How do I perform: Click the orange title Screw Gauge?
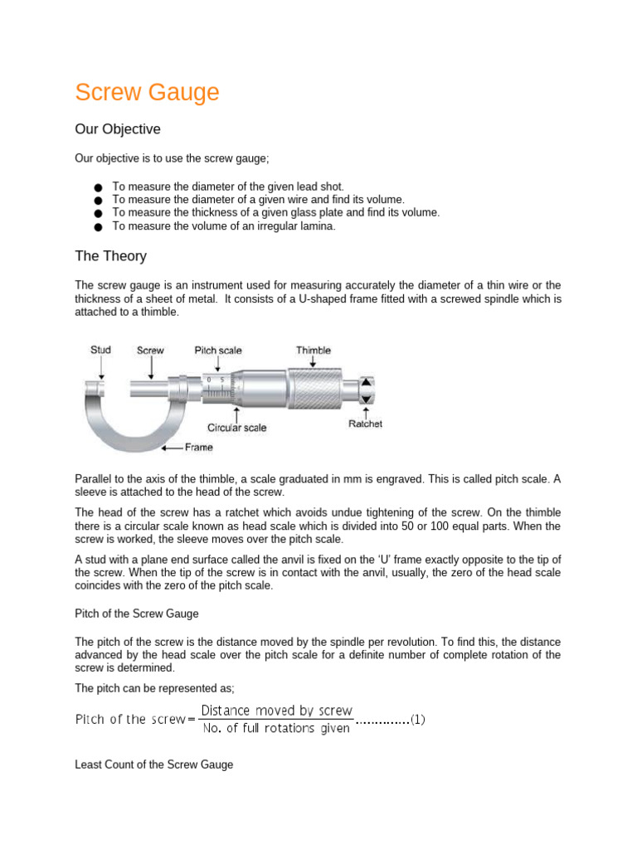point(147,92)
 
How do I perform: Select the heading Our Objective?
point(118,129)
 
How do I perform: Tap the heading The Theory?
point(110,256)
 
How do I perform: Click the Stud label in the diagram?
point(100,350)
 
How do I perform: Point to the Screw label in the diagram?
point(150,350)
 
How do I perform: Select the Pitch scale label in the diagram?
point(218,350)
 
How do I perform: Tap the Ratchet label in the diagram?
point(365,424)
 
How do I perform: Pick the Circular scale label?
point(237,428)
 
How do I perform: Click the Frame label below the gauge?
point(198,447)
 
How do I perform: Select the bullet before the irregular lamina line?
point(99,226)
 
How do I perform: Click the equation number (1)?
point(418,720)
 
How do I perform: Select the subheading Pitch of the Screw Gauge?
point(137,614)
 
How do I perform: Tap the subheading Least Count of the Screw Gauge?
point(154,764)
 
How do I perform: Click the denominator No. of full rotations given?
point(276,729)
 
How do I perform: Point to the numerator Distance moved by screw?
point(276,711)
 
